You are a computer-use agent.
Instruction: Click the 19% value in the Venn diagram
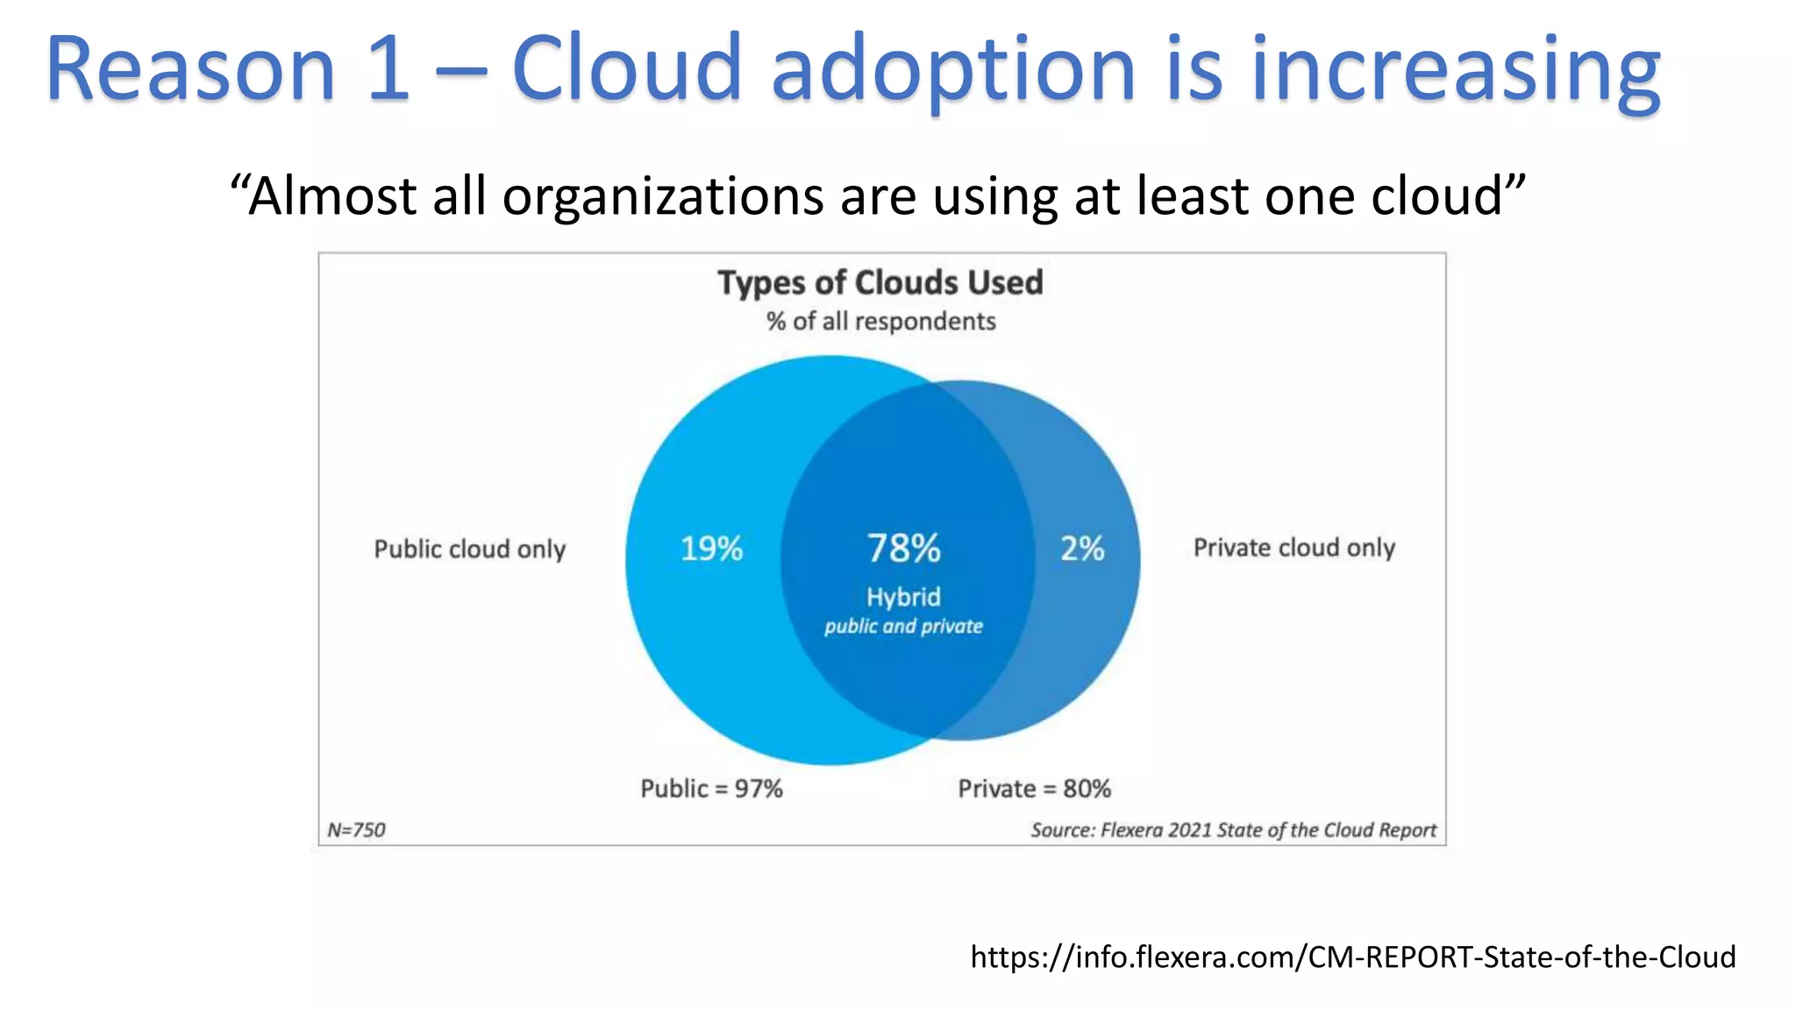point(711,549)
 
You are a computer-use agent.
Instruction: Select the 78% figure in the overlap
point(903,549)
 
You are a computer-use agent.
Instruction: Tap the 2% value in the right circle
point(1082,549)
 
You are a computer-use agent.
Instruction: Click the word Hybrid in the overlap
point(903,597)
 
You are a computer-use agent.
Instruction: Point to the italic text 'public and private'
point(903,626)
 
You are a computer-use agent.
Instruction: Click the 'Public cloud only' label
point(469,549)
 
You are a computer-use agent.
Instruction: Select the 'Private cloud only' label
point(1294,548)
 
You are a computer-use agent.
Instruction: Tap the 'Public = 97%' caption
point(711,788)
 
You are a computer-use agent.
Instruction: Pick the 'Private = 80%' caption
point(1034,788)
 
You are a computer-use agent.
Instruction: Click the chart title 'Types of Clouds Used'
point(880,282)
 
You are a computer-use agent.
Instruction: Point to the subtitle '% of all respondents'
point(880,321)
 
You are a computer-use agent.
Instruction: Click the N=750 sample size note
point(356,829)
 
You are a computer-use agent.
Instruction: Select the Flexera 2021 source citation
point(1233,829)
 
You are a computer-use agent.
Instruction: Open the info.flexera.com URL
point(1352,956)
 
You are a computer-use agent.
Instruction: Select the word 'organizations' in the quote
point(662,196)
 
